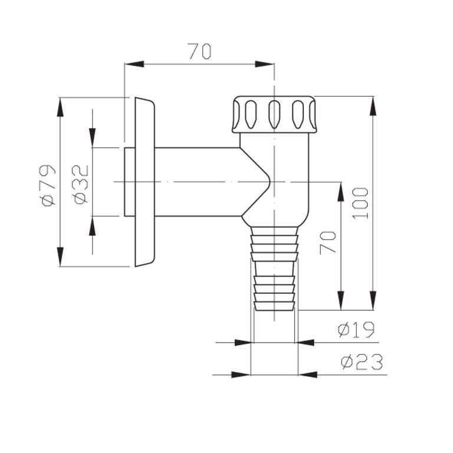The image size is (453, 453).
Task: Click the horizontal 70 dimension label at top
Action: [200, 51]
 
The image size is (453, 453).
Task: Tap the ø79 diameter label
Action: [48, 185]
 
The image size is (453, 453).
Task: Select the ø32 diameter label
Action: [81, 184]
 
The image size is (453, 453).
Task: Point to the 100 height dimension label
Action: [360, 203]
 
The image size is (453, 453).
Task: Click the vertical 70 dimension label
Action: [328, 242]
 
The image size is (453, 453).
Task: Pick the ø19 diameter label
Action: [356, 329]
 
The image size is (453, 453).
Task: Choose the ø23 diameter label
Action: [362, 362]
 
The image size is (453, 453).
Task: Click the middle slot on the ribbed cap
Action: [274, 114]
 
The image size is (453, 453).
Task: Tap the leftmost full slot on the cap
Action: [251, 114]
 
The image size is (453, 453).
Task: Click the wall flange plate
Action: [145, 182]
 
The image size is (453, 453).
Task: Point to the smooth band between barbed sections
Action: [274, 268]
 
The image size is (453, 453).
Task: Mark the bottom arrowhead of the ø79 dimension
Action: [60, 257]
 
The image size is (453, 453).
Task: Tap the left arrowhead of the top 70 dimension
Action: [134, 64]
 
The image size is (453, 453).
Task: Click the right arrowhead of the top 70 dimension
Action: [265, 64]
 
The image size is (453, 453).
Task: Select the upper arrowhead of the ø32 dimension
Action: [93, 137]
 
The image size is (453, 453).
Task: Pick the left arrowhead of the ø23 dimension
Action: [241, 375]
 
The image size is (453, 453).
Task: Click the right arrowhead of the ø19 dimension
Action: [304, 343]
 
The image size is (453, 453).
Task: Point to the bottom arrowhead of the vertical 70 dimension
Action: [341, 300]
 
